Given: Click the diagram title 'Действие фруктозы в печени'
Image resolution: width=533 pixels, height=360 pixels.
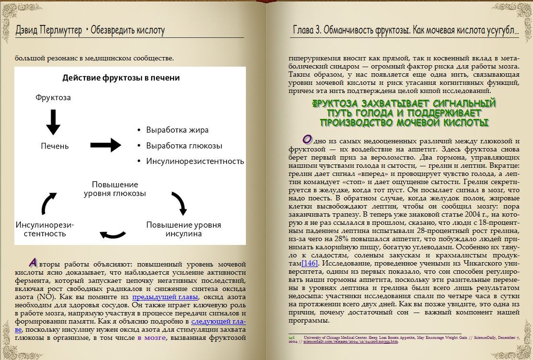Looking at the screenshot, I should (x=121, y=77).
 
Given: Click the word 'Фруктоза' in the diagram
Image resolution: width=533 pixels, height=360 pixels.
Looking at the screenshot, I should (x=53, y=97).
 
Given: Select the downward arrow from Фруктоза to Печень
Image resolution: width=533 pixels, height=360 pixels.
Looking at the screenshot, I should (x=53, y=122).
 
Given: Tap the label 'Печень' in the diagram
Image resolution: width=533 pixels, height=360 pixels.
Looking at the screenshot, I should (x=55, y=146).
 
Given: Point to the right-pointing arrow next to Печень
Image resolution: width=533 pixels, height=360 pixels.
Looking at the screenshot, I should (x=105, y=144).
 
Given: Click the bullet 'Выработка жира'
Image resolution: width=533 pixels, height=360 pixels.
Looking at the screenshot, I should (x=177, y=130).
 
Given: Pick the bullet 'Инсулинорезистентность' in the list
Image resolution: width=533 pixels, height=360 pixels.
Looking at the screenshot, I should (x=195, y=161).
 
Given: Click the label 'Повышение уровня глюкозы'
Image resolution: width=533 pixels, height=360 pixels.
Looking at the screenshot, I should (x=115, y=189).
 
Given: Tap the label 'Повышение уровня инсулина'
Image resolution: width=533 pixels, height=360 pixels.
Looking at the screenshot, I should (x=184, y=229).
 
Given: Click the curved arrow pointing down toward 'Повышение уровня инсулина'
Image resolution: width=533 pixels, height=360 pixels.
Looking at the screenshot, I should (x=179, y=202).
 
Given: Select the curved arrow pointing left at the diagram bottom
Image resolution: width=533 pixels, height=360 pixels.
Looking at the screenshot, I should (x=113, y=234).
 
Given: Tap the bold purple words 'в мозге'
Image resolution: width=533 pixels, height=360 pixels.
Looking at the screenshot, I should (x=151, y=337).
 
